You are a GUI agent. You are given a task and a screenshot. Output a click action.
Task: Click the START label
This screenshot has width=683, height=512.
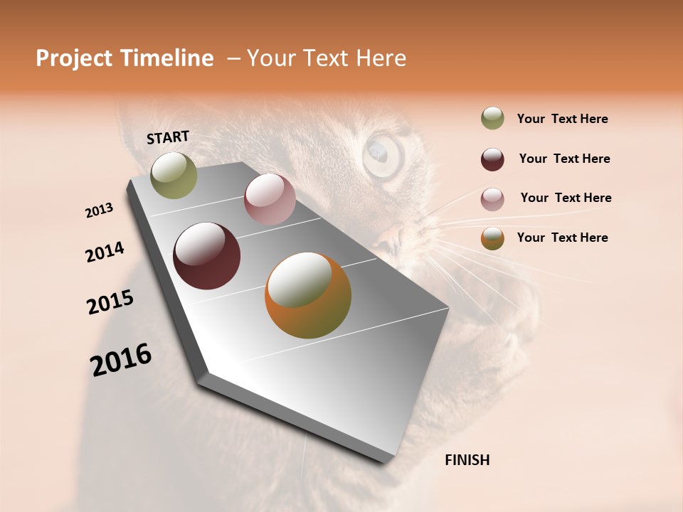tap(168, 137)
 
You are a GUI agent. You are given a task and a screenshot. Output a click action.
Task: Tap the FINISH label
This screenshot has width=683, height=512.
tap(467, 460)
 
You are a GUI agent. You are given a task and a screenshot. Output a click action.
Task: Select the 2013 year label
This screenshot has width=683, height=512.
tap(100, 210)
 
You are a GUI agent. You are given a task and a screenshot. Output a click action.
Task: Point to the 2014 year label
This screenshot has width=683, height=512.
tap(105, 252)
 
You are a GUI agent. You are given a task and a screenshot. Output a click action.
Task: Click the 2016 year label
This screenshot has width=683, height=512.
tap(121, 360)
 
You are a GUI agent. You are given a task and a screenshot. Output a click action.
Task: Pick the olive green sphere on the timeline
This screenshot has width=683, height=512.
tap(174, 175)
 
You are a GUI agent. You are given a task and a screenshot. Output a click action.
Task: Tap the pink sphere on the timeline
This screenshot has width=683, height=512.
tap(270, 199)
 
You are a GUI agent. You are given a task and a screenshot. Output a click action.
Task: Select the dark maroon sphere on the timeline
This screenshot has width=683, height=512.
tap(206, 256)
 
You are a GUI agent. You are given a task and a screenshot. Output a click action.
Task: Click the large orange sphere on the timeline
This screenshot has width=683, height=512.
tap(308, 295)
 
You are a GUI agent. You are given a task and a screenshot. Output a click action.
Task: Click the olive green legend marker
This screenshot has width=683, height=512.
tap(492, 118)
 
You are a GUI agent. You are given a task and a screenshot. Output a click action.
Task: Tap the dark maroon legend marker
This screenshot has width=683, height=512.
tap(492, 159)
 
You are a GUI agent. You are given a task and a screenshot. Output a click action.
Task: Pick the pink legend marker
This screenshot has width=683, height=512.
tap(492, 199)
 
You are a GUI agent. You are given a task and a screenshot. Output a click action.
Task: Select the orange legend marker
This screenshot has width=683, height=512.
tap(492, 238)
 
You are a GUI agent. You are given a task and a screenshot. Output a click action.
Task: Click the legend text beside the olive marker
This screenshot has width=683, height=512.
tap(562, 119)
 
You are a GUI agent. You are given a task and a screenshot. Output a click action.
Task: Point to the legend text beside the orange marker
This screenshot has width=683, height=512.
tap(562, 238)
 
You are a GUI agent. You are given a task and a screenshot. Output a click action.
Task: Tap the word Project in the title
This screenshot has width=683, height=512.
tap(74, 59)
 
